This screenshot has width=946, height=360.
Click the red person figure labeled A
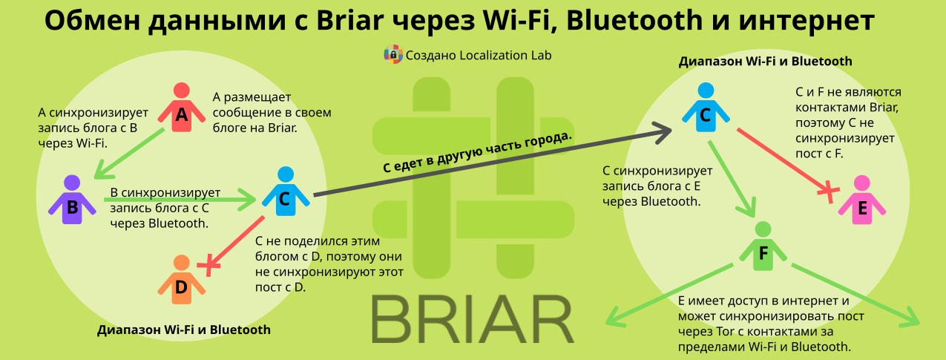pyautogui.click(x=182, y=108)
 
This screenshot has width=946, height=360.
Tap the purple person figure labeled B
pyautogui.click(x=72, y=200)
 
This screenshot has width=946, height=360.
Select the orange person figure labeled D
pyautogui.click(x=182, y=280)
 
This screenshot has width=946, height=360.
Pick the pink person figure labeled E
pyautogui.click(x=862, y=200)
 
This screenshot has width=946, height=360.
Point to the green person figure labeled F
pyautogui.click(x=763, y=246)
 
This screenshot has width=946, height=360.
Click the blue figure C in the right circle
pyautogui.click(x=706, y=108)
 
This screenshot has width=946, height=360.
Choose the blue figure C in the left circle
pyautogui.click(x=286, y=192)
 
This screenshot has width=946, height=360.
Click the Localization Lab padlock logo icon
pyautogui.click(x=392, y=54)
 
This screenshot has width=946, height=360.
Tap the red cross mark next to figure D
pyautogui.click(x=208, y=265)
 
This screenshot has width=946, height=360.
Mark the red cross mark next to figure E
pyautogui.click(x=828, y=192)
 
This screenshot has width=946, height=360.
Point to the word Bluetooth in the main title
pyautogui.click(x=634, y=20)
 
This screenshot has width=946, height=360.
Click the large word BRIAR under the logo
pyautogui.click(x=473, y=319)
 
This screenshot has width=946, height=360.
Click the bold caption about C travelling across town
pyautogui.click(x=478, y=151)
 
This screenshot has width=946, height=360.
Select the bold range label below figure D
pyautogui.click(x=184, y=330)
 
